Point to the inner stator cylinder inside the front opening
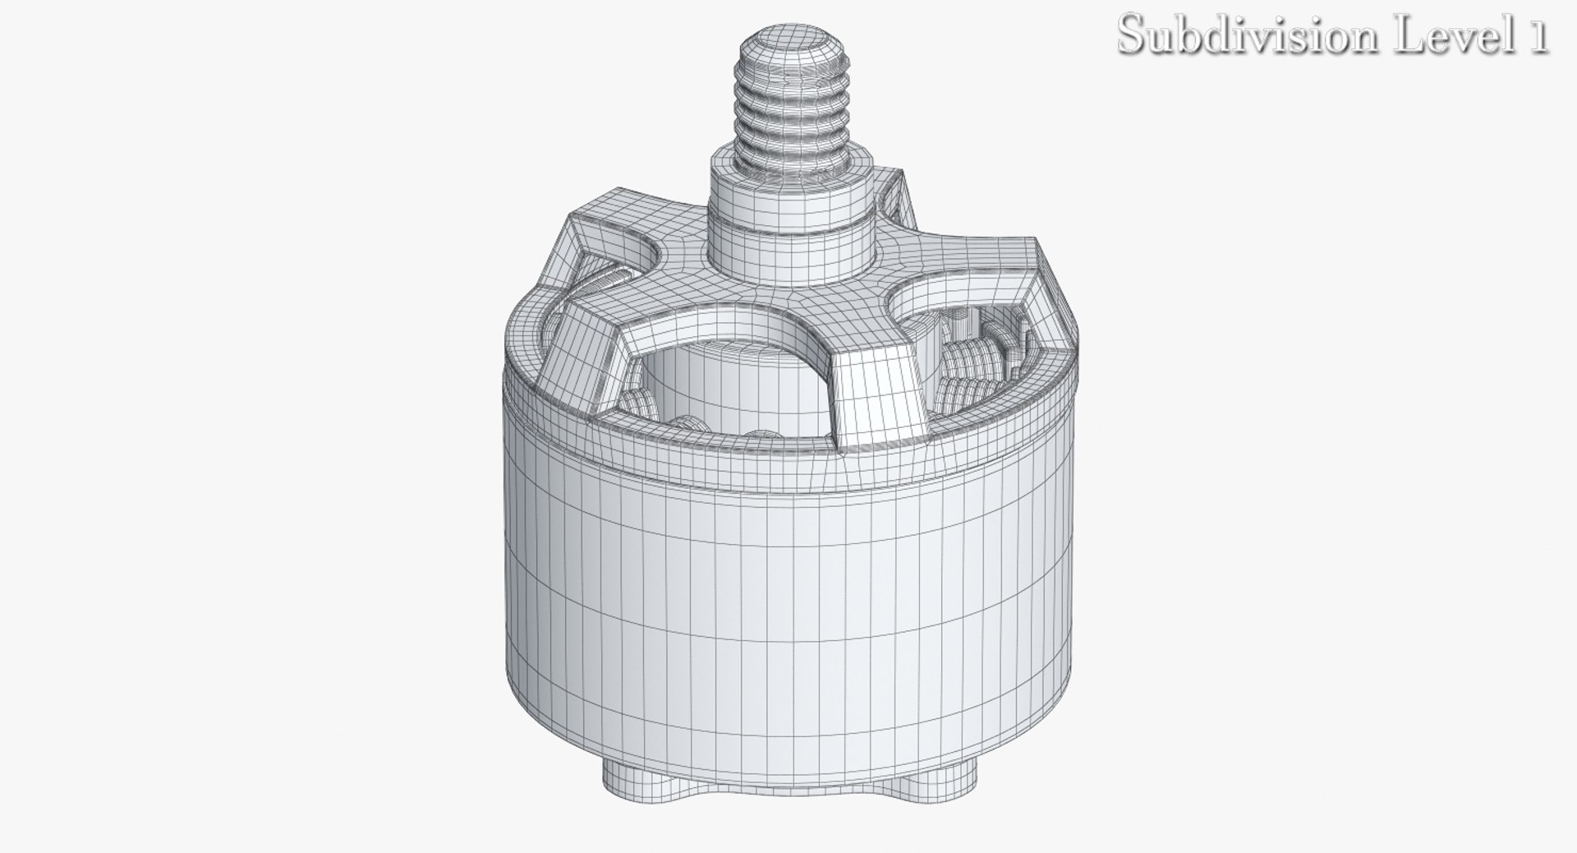pos(723,394)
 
